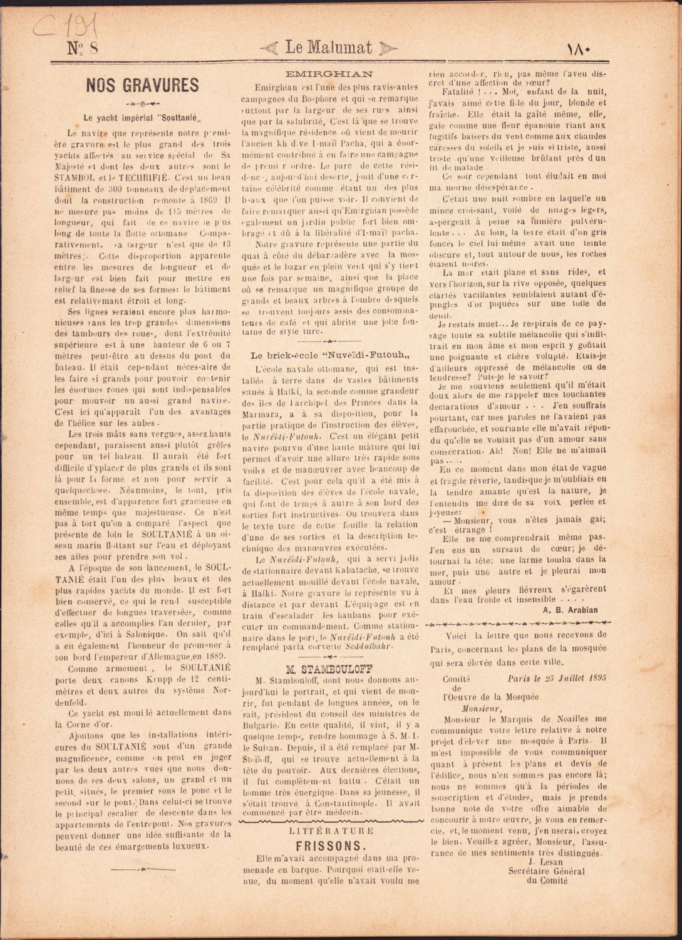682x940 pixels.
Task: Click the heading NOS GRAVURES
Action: (x=142, y=85)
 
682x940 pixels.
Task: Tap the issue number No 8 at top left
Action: (x=82, y=49)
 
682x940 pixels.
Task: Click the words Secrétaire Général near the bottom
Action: (x=546, y=871)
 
